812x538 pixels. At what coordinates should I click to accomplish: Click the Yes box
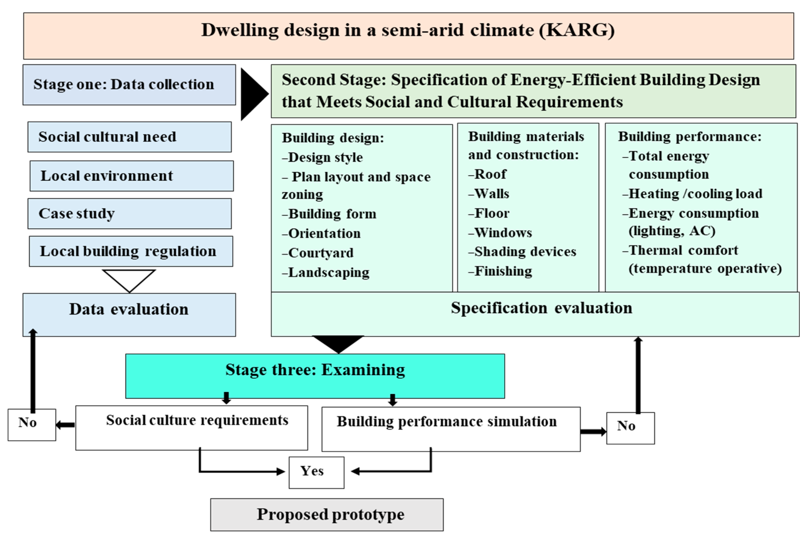click(316, 472)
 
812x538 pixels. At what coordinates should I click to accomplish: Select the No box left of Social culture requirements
click(32, 424)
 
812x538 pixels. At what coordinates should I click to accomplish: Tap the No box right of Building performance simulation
click(630, 428)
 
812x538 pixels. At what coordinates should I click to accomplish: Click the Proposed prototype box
click(327, 514)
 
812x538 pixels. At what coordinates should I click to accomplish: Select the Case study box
click(129, 213)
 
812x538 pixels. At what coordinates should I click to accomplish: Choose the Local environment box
click(131, 176)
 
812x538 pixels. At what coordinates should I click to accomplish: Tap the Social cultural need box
click(129, 137)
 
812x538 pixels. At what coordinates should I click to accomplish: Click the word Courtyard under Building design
click(321, 253)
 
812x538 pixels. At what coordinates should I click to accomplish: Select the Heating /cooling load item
click(695, 194)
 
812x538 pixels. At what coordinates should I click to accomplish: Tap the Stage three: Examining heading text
click(315, 370)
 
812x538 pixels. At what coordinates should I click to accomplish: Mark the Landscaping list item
click(328, 273)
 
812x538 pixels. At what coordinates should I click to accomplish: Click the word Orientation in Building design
click(324, 233)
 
